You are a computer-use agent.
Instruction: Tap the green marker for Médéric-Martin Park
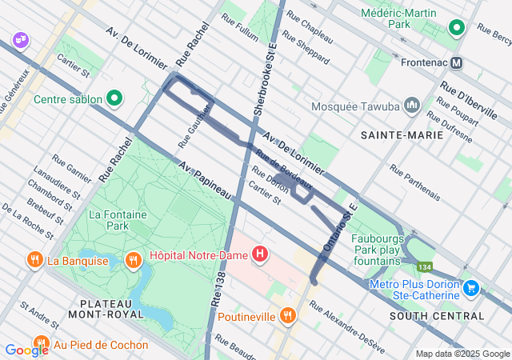[x=457, y=29]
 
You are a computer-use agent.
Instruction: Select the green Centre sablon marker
[x=114, y=99]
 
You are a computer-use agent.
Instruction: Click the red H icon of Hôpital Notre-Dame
[x=260, y=255]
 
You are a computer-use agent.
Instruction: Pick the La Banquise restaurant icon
[x=34, y=260]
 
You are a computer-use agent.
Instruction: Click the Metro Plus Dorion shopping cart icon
[x=471, y=287]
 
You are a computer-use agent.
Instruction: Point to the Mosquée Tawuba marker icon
[x=413, y=105]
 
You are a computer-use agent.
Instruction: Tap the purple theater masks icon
[x=20, y=39]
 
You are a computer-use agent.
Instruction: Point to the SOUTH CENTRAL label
[x=437, y=316]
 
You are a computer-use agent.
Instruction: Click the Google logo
[x=26, y=350]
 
